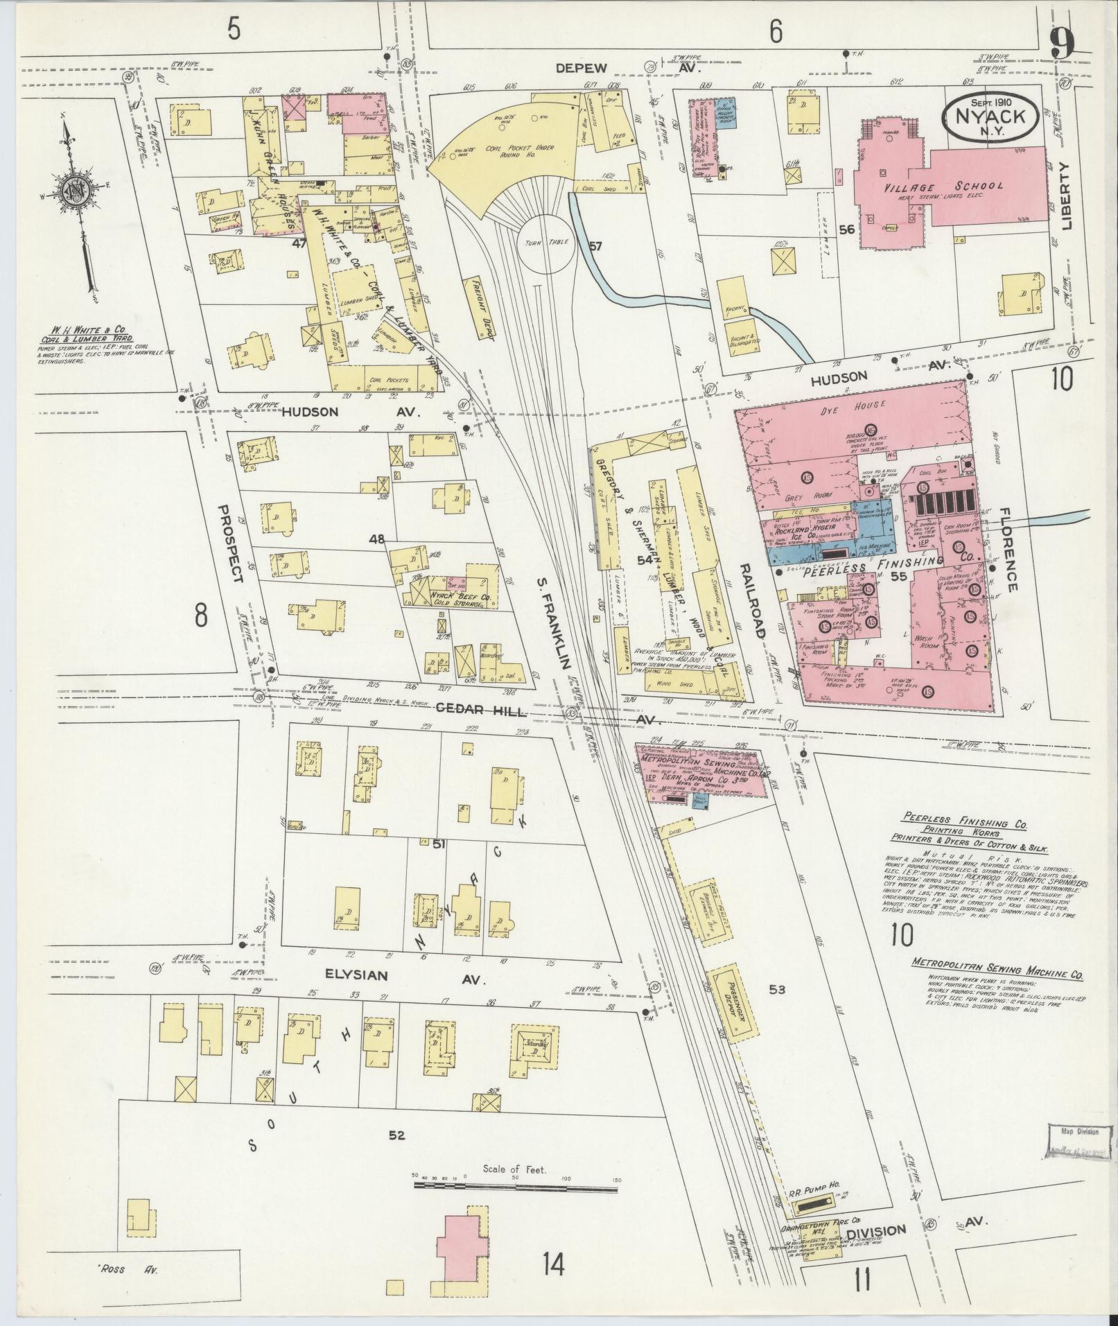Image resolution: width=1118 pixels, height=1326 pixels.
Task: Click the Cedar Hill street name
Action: (473, 713)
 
